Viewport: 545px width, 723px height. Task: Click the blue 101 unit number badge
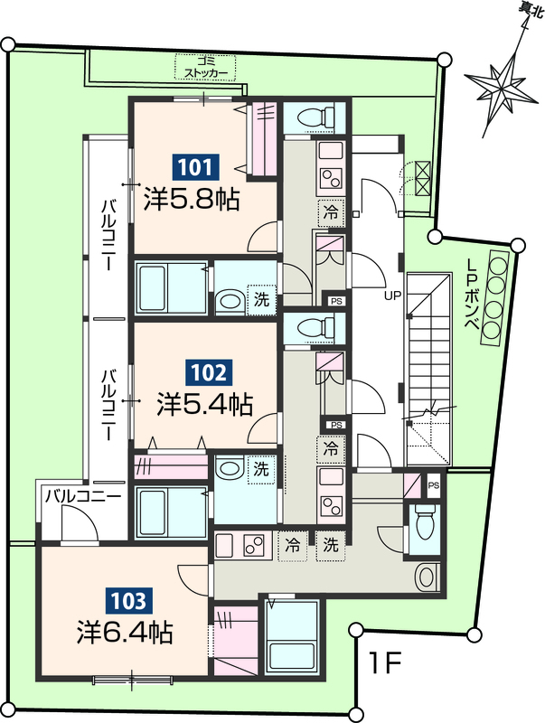coord(195,167)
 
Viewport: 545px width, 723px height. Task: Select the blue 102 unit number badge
coord(209,372)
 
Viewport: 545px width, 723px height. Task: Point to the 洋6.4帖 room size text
coord(125,633)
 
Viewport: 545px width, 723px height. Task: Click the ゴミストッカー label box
coord(206,67)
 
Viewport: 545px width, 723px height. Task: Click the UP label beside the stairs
coord(393,296)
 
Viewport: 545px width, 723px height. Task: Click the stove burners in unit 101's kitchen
coord(331,178)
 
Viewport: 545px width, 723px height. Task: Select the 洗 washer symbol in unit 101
coord(261,300)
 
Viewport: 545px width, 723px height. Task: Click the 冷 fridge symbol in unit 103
coord(293,546)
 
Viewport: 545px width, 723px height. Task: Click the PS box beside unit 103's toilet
coord(434,485)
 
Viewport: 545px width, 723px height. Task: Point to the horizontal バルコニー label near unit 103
coord(82,497)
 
